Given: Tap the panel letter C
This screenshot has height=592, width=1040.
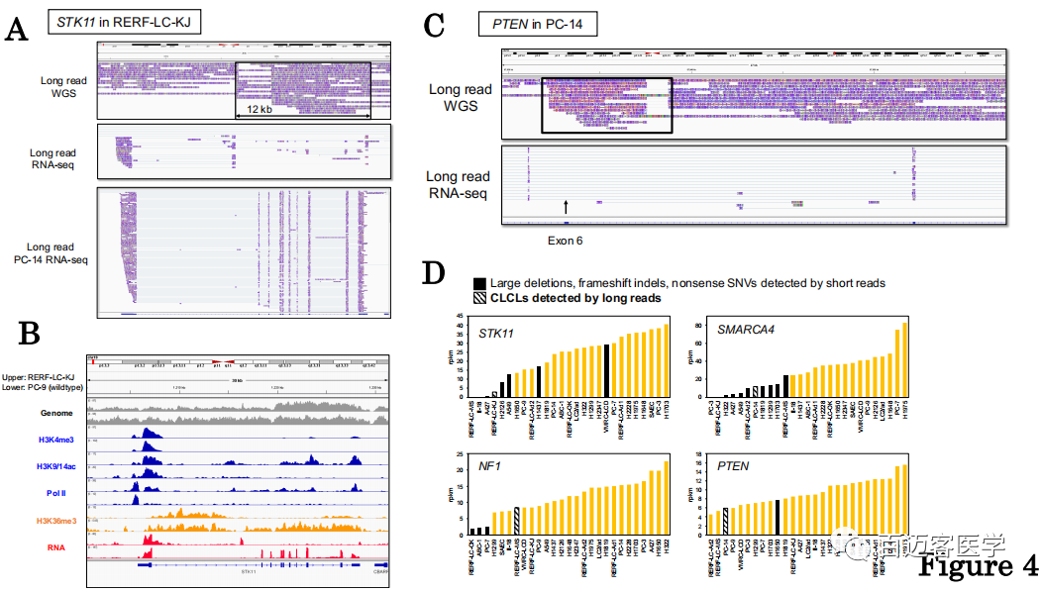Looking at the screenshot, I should coord(433,27).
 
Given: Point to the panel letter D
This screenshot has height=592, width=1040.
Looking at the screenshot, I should coord(433,272).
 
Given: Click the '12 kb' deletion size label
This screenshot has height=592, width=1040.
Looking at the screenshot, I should coord(260,109).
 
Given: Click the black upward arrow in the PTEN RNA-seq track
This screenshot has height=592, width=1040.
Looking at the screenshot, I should coord(566,206).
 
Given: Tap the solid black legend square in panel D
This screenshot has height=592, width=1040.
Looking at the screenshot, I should coord(479,283).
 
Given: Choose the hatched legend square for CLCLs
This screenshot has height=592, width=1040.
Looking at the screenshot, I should coord(479,297).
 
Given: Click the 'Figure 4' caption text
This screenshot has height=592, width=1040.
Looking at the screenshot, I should coord(978,566).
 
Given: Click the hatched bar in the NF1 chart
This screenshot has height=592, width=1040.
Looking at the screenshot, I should coord(517,520).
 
